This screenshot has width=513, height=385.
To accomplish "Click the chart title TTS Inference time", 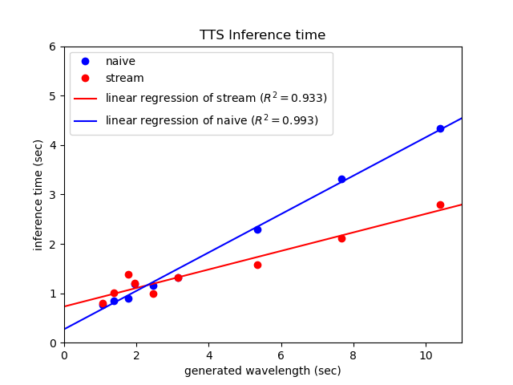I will tap(262, 35).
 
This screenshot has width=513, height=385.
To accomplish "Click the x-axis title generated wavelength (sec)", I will tap(262, 371).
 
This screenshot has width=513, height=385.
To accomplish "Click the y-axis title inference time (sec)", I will tap(38, 195).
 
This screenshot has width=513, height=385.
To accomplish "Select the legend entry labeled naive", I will tap(120, 61).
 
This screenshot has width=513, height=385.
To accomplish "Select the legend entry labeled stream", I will tap(124, 79).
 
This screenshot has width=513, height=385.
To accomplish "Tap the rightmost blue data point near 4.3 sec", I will tap(440, 128).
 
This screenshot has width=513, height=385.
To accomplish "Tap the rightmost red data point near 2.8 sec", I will tap(440, 205).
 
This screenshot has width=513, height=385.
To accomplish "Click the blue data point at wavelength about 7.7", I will tap(341, 179).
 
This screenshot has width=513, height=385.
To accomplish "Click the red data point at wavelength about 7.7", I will tap(341, 238).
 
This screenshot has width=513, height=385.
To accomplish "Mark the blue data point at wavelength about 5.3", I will tap(257, 229).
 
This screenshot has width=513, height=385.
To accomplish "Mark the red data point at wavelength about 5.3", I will tap(257, 265).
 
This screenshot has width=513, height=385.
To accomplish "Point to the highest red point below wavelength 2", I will tap(128, 274).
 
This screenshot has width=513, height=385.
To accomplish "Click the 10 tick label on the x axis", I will tap(426, 355).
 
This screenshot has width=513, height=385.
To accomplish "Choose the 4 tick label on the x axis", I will tap(208, 355).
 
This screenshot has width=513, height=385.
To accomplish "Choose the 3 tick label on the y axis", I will tap(53, 195).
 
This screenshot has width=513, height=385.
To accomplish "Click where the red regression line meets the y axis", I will tap(64, 306).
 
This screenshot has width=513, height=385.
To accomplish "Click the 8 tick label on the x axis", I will tap(353, 355).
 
